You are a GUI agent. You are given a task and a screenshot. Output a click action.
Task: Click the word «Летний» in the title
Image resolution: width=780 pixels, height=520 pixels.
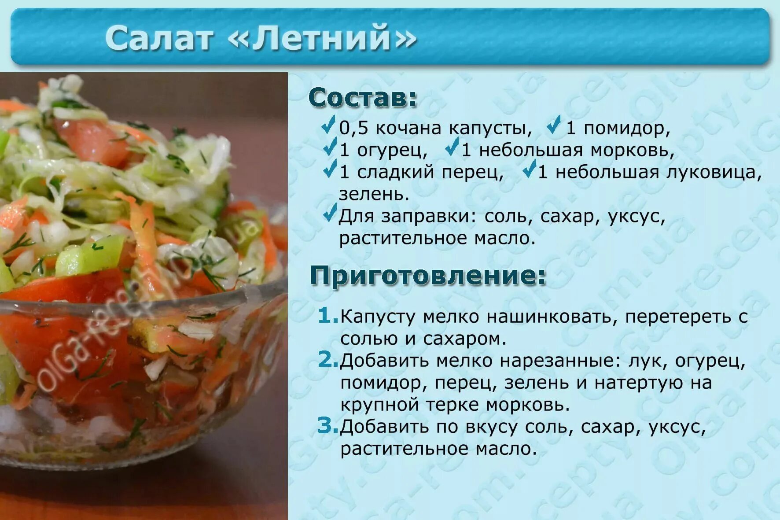click(x=322, y=38)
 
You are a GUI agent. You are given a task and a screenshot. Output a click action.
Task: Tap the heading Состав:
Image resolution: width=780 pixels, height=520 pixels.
click(x=362, y=98)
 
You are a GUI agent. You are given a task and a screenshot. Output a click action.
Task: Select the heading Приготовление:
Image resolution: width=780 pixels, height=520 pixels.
click(x=428, y=276)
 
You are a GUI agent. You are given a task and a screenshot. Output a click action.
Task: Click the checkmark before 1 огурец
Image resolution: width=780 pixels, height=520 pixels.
click(x=330, y=148)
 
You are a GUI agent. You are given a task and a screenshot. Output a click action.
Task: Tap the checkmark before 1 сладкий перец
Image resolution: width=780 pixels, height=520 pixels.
click(x=330, y=170)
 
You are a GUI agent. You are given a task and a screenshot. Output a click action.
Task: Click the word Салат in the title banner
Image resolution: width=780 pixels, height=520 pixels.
click(x=159, y=38)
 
